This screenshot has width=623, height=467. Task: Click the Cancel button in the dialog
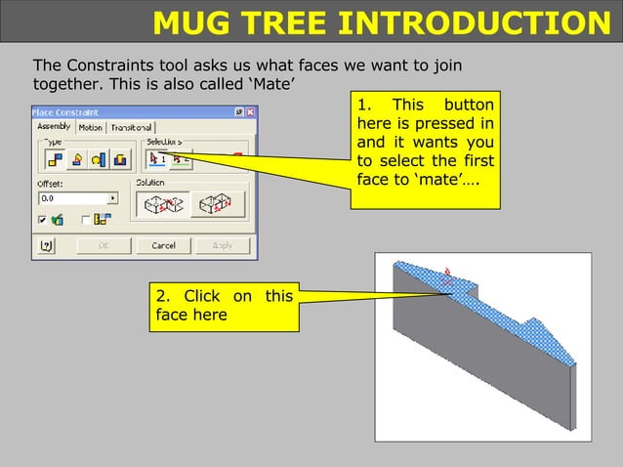coord(163,245)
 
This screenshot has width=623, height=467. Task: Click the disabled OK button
coord(103,245)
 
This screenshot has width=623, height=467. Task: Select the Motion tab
coord(90,128)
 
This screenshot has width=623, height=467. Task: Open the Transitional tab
coord(130,128)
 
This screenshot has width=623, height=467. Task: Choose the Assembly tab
coord(54,127)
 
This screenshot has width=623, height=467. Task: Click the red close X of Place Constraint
coord(250,112)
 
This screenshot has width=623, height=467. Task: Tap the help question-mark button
coord(44,245)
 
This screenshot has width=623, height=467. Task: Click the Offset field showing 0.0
coord(71,197)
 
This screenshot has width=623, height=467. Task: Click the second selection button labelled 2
coord(179,159)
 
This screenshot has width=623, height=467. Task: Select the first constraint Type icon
coord(55,159)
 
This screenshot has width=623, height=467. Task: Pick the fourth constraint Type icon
coord(120,159)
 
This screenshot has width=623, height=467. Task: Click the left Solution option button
coord(162,202)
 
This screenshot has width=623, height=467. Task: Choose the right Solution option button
coord(216,202)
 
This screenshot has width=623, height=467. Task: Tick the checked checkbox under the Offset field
coord(43,221)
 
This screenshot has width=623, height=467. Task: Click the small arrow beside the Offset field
coord(112,197)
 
